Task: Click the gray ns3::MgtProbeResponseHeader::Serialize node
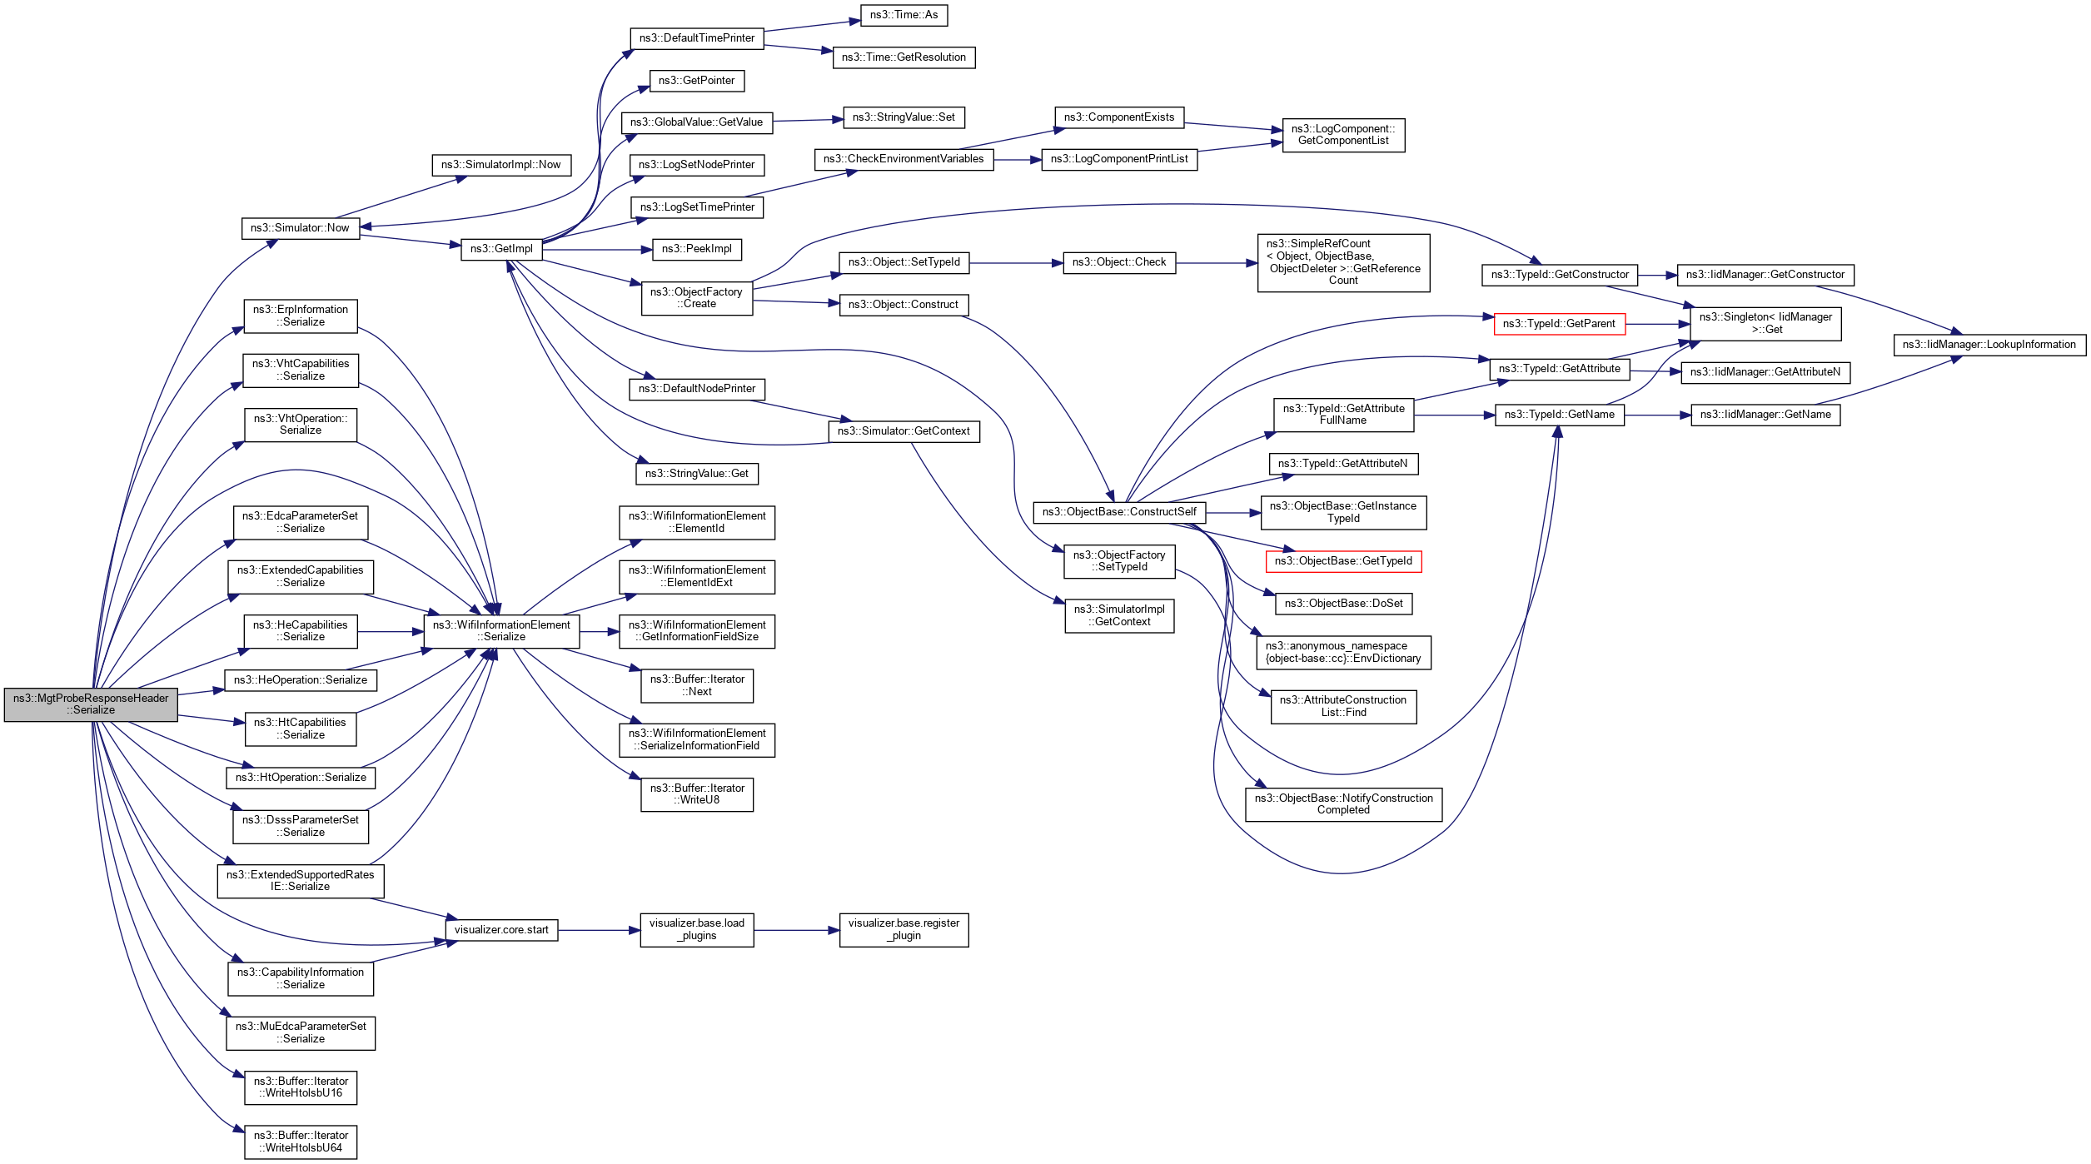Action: (91, 704)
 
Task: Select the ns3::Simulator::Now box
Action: (300, 228)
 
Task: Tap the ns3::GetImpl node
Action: (501, 249)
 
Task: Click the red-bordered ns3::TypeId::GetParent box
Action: (1559, 324)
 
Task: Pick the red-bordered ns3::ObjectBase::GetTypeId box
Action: (1343, 561)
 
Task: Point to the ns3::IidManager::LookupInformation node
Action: (1989, 345)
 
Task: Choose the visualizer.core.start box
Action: (501, 930)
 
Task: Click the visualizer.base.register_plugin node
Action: (904, 930)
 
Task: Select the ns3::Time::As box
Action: (904, 15)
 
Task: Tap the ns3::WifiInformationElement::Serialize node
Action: (501, 631)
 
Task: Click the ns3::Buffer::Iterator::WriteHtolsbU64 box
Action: (301, 1142)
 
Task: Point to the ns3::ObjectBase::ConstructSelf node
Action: (1119, 512)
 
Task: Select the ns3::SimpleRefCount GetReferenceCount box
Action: (1343, 262)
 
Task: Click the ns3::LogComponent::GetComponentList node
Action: (1343, 135)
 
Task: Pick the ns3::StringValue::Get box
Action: (696, 474)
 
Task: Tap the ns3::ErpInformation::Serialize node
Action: (301, 316)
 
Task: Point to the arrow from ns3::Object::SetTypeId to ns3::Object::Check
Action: (1016, 263)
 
